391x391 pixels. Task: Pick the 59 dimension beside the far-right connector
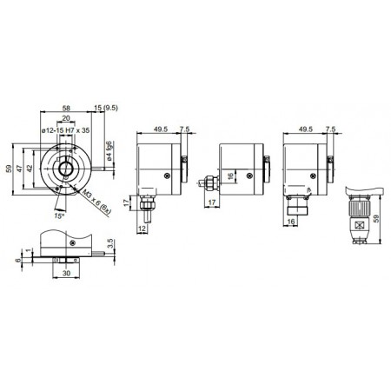(x=377, y=221)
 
